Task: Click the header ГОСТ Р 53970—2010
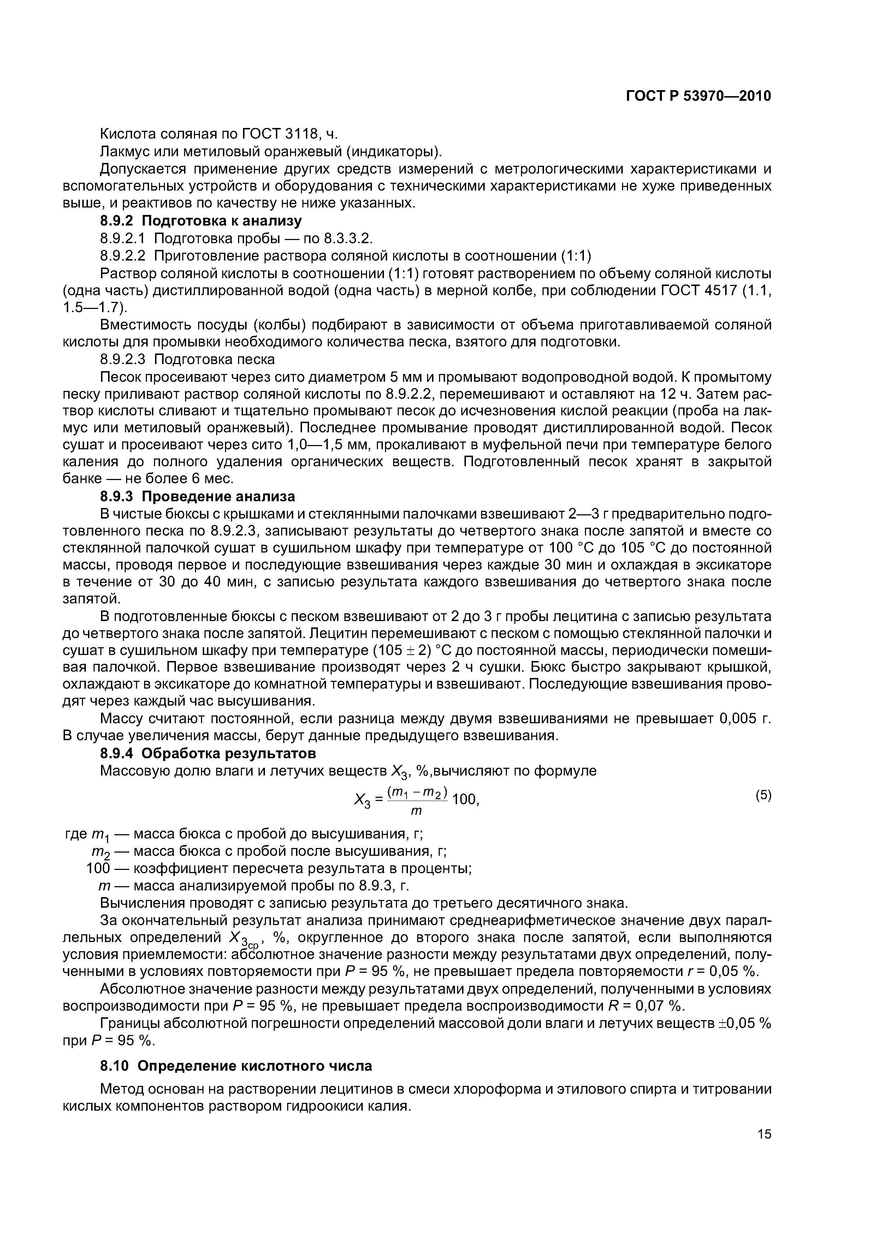click(698, 96)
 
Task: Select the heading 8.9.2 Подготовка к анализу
click(201, 221)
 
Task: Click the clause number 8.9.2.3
click(123, 359)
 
